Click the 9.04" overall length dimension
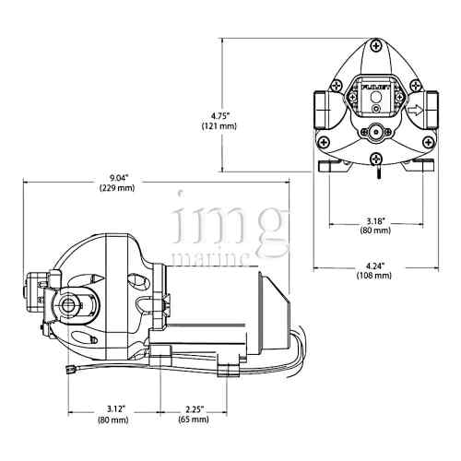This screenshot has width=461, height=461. [116, 179]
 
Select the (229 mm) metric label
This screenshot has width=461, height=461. [116, 189]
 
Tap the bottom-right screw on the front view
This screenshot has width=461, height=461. [427, 140]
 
